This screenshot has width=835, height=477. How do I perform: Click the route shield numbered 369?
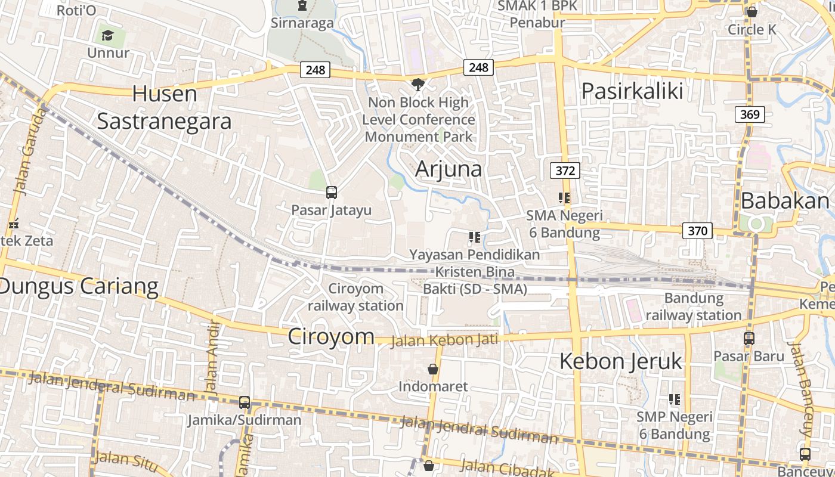pos(750,114)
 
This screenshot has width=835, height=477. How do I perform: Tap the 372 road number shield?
pos(565,171)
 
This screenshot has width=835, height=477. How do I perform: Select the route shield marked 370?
pos(697,231)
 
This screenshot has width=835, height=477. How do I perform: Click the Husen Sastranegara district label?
pos(164,107)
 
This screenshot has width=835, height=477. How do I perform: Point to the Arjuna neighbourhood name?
pos(449,169)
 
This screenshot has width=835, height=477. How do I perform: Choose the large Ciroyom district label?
pos(331,336)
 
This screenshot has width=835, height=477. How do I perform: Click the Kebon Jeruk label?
pos(621,361)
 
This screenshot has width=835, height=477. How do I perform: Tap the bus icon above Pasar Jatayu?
pos(332,193)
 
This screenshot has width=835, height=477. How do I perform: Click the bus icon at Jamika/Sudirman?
pos(245,402)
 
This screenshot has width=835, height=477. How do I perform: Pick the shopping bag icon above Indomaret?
pos(433,369)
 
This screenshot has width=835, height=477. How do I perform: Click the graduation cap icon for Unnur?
pos(107,36)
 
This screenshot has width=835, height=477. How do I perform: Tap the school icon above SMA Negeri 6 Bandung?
pos(564,197)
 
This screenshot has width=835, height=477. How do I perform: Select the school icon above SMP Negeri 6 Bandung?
pos(675,399)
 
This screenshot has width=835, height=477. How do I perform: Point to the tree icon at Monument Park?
pos(419,84)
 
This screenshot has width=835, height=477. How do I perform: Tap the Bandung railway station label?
pos(694,306)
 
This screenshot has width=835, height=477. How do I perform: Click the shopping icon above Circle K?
pos(752,11)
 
